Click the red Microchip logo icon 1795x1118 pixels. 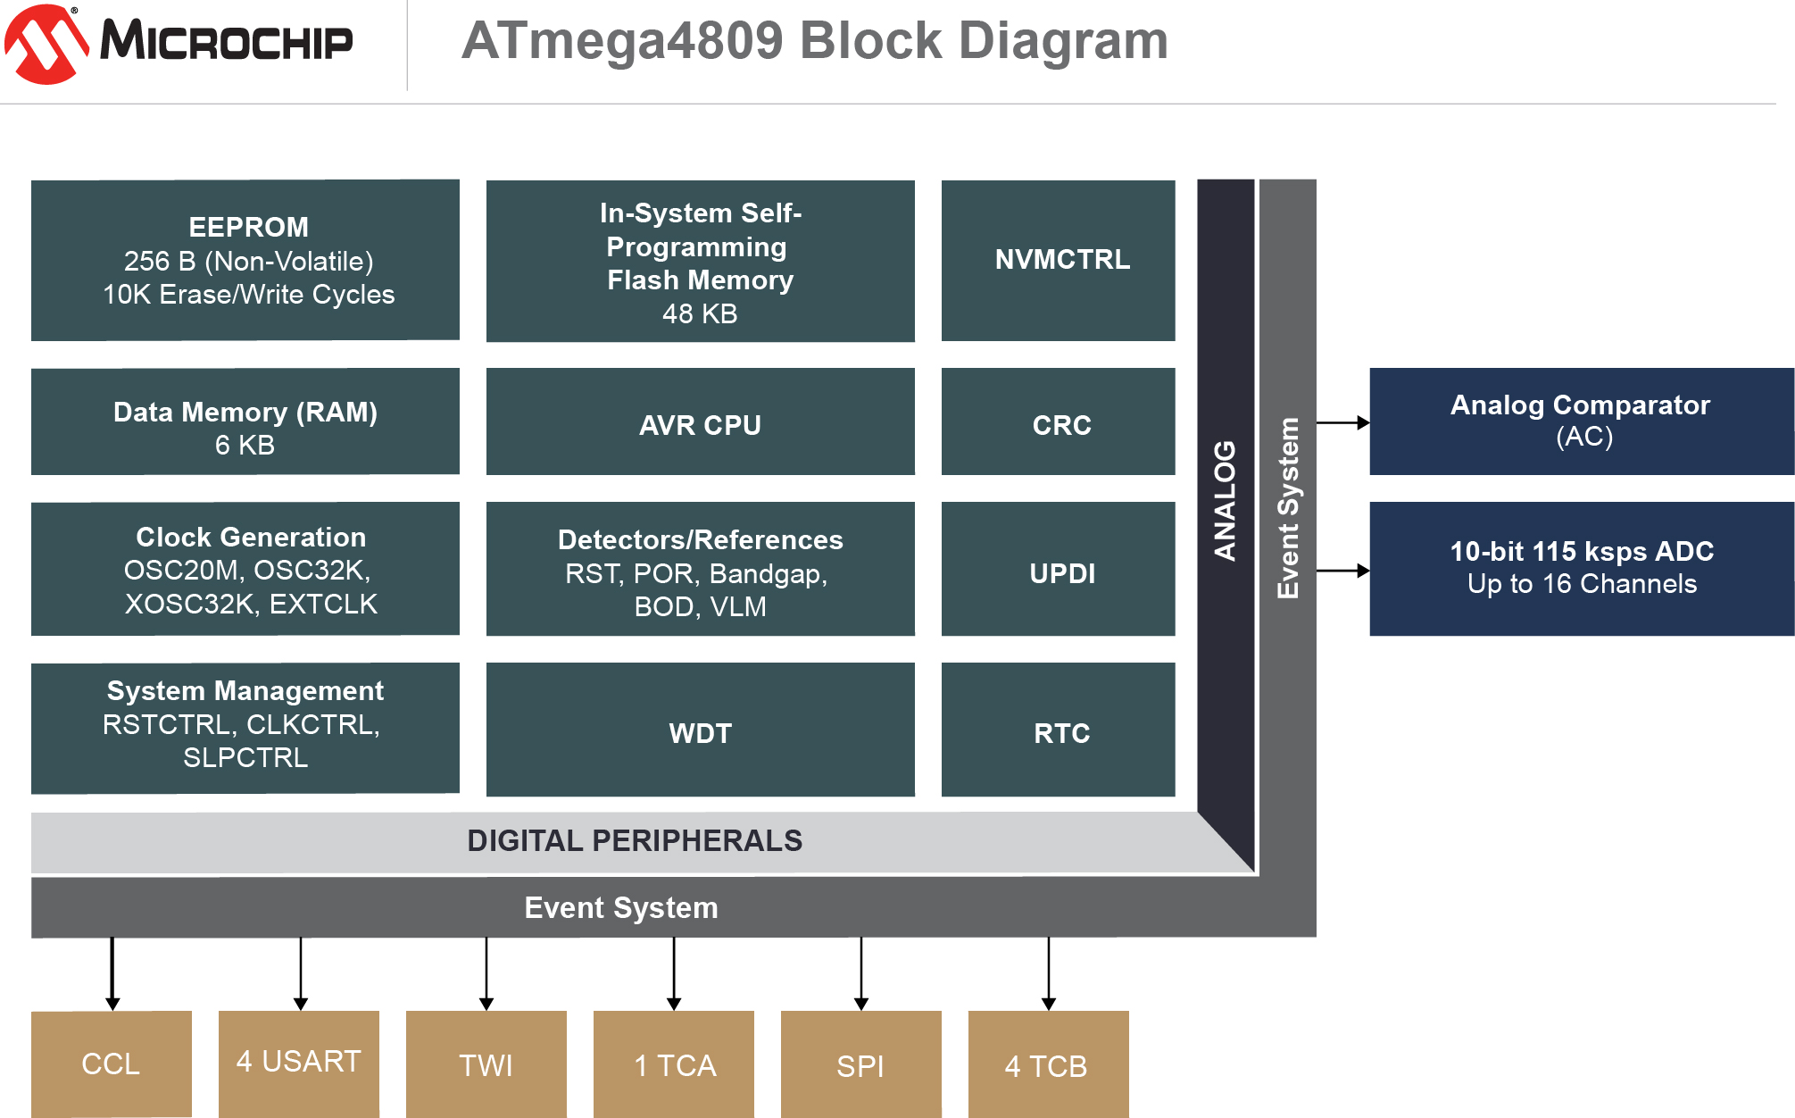point(46,45)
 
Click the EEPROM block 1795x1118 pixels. point(245,260)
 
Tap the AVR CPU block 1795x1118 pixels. point(700,422)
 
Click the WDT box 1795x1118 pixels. point(700,730)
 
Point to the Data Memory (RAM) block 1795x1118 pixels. point(245,422)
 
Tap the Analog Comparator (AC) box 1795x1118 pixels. point(1581,421)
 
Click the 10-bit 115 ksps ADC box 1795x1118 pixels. point(1581,569)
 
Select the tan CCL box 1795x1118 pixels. point(112,1064)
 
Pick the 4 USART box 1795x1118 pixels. point(299,1064)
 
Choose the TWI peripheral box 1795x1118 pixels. point(486,1064)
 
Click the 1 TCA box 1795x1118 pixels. point(674,1064)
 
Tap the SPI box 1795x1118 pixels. point(861,1064)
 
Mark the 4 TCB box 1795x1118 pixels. point(1049,1064)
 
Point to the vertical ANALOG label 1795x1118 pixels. point(1225,500)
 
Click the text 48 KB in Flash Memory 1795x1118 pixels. point(700,314)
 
